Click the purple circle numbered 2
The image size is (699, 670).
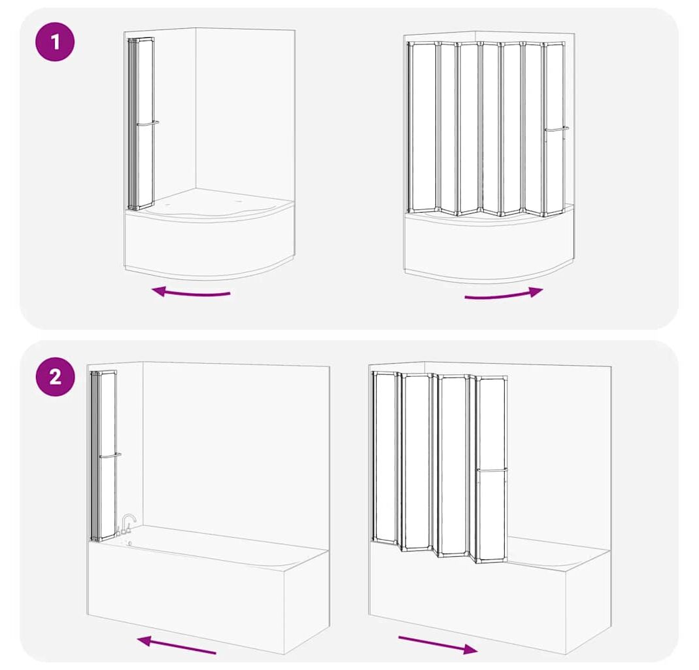point(55,377)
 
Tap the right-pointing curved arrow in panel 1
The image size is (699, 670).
point(503,295)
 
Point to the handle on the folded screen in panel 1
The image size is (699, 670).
point(148,124)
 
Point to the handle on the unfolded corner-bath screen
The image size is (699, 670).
point(556,130)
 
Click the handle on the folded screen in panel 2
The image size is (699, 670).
point(110,455)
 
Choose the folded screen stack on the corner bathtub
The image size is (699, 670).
point(141,124)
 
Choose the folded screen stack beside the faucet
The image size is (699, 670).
point(103,456)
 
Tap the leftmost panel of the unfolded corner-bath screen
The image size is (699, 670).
point(422,127)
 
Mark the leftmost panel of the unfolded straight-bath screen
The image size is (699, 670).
point(385,458)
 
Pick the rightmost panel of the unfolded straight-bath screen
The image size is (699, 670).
point(491,469)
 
